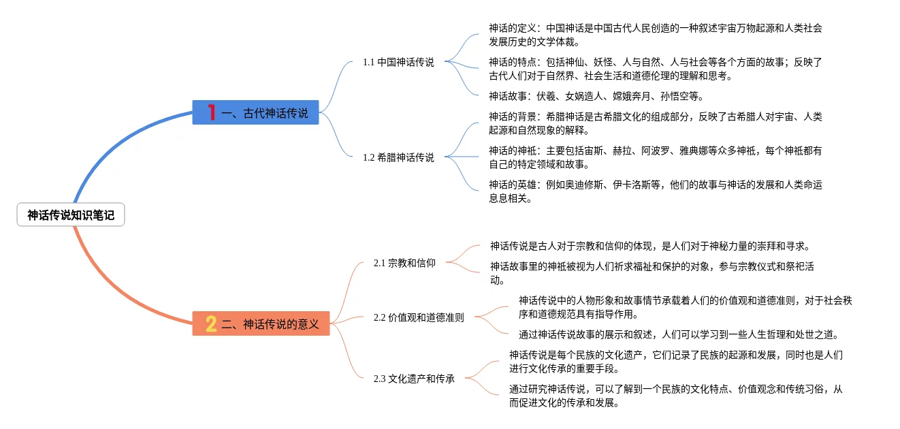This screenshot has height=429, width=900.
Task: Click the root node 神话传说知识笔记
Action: tap(71, 216)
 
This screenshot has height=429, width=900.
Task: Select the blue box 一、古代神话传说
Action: tap(257, 113)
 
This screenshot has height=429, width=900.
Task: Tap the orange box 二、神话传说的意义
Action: tap(261, 324)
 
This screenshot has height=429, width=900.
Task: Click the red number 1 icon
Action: tap(211, 113)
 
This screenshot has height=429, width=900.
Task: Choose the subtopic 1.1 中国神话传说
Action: tap(398, 62)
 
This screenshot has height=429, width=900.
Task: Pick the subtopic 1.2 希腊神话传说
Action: tap(398, 157)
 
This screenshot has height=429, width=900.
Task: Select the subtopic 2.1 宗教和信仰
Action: tap(404, 263)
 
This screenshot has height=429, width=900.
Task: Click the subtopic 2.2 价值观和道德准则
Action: tap(419, 317)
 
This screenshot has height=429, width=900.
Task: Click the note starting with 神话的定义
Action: tap(655, 35)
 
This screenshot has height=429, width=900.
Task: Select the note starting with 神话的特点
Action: tap(655, 69)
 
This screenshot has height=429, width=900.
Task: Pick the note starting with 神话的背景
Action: tap(655, 123)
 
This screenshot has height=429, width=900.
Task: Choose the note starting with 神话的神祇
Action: tap(655, 157)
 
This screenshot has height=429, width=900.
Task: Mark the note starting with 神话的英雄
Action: tap(655, 191)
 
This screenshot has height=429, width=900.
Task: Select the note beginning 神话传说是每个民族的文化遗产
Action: tap(675, 362)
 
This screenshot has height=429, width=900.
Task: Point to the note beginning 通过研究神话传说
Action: tap(675, 396)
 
